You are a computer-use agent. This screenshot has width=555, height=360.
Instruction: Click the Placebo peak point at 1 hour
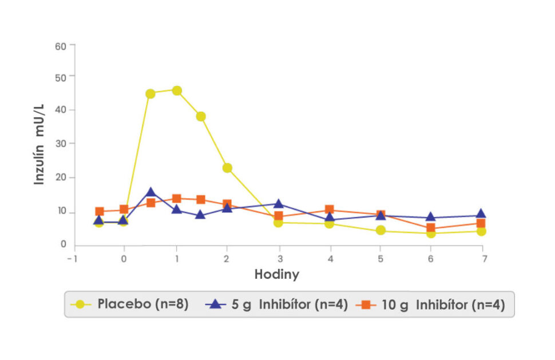tap(177, 90)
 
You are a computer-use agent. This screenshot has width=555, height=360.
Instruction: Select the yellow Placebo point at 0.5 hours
tap(150, 94)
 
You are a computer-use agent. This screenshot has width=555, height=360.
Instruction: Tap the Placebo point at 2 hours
tap(227, 168)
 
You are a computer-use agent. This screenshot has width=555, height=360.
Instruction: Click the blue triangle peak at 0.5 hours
tap(150, 193)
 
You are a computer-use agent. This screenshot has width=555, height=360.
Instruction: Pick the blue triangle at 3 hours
tap(279, 204)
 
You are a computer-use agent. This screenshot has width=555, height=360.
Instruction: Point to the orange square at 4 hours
tap(330, 210)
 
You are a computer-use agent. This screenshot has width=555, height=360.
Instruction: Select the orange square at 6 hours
tap(431, 228)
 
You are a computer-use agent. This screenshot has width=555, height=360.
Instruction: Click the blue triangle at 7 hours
tap(481, 215)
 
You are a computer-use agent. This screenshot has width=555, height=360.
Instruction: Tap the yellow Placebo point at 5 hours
tap(380, 231)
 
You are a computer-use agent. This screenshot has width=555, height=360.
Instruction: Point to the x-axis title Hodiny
tap(277, 274)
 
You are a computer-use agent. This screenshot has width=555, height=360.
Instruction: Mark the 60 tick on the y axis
tap(61, 45)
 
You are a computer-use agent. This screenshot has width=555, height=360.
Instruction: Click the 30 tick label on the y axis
tap(61, 144)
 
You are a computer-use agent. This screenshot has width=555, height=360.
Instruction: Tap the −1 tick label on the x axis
tap(72, 259)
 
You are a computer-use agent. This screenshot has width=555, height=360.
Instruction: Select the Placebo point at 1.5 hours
tap(201, 116)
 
